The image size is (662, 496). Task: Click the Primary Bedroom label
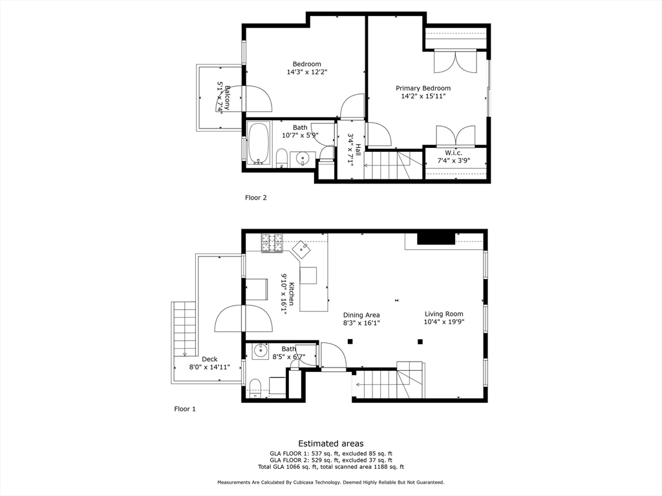(x=423, y=88)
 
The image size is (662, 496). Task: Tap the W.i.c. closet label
(x=454, y=152)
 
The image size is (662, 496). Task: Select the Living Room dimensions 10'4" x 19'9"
(x=443, y=322)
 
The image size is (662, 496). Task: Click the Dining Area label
(x=361, y=315)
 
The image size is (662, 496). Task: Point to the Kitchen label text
(x=292, y=294)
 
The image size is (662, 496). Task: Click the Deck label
(x=209, y=359)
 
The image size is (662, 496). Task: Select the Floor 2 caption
(x=255, y=198)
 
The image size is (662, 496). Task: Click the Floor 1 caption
(x=185, y=409)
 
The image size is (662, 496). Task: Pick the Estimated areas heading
(x=330, y=444)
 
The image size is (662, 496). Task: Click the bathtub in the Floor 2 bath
(x=259, y=143)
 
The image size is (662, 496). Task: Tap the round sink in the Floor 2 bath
(x=303, y=158)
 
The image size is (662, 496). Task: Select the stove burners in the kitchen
(x=272, y=242)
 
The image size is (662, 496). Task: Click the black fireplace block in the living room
(x=436, y=238)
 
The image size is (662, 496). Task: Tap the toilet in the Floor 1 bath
(x=255, y=387)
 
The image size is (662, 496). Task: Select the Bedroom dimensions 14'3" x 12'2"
(x=306, y=72)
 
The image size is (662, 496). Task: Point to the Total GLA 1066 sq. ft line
(x=330, y=467)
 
